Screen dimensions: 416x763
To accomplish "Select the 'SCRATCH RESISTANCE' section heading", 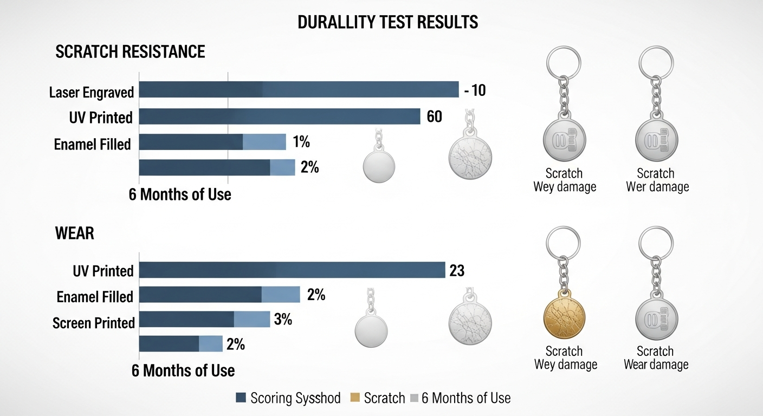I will [130, 51].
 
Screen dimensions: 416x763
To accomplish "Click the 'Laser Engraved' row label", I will [91, 92].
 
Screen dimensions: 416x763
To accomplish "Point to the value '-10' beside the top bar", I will [475, 90].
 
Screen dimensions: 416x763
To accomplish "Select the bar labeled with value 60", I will [280, 116].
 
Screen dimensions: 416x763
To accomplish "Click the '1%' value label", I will [301, 142].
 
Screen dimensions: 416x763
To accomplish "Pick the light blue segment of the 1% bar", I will [264, 142].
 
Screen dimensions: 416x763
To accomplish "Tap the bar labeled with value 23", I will [292, 270].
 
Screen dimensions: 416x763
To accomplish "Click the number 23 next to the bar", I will [457, 270].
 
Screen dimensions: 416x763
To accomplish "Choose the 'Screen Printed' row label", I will [93, 323].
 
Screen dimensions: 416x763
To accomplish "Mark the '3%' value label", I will [283, 320].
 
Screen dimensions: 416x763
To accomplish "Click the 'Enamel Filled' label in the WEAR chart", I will [95, 297].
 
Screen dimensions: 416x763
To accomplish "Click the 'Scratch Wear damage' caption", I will [656, 358].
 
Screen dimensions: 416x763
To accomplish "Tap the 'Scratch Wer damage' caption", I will [657, 180].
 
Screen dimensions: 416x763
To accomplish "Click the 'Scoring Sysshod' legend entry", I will [288, 399].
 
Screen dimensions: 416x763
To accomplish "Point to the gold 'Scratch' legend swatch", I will [355, 399].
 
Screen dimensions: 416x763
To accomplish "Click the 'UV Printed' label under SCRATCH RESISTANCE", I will [101, 117].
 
